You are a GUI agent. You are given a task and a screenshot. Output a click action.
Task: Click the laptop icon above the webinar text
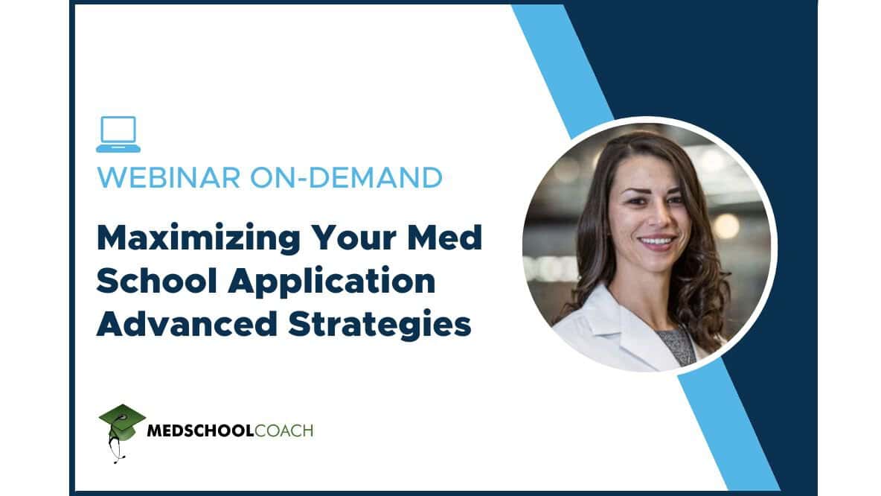pyautogui.click(x=118, y=134)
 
